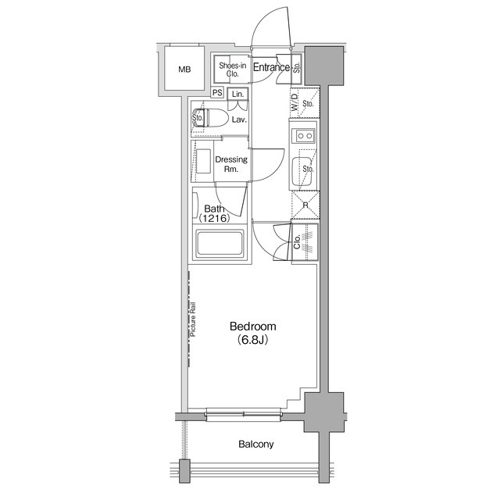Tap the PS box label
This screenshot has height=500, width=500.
(217, 93)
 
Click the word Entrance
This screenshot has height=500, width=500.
(271, 68)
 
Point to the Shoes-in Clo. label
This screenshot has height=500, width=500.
(232, 70)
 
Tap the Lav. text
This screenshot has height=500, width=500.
(239, 120)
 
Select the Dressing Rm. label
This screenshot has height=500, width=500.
(231, 164)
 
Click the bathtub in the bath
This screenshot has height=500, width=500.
(221, 244)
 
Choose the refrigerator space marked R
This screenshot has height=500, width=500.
(305, 205)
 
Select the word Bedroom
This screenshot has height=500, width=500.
(252, 327)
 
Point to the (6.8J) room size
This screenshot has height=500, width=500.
(252, 341)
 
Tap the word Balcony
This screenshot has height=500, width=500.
(256, 445)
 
